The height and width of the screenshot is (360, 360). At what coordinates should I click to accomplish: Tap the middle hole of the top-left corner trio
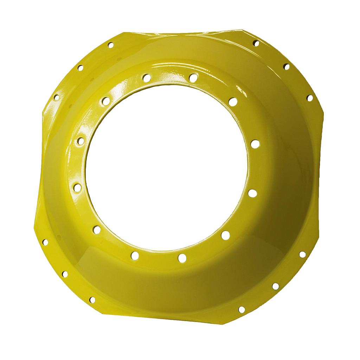point(80,67)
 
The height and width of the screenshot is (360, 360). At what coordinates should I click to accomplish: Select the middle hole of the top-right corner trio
point(287,66)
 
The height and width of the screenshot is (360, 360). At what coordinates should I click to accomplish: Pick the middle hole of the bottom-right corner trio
point(275,286)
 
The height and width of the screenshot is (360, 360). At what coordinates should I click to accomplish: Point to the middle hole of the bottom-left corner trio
point(65,274)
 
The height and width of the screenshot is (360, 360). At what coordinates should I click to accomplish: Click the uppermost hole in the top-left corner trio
point(110,45)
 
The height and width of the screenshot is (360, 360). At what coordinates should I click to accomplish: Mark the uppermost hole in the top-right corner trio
point(256,43)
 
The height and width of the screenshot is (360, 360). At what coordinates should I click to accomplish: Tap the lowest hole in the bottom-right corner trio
point(242,309)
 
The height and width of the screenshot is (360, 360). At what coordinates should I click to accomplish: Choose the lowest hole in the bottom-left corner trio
point(92,300)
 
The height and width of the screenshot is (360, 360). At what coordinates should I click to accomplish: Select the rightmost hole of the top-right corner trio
point(310,98)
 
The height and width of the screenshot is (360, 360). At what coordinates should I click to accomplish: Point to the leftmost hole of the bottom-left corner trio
point(45,242)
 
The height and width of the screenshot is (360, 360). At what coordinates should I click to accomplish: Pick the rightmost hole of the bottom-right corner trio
point(302,254)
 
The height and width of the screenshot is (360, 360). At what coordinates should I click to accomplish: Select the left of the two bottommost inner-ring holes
point(135,255)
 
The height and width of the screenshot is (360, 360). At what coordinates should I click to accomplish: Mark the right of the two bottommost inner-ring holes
point(182,258)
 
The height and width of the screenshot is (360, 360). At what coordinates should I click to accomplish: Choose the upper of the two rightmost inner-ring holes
point(255,144)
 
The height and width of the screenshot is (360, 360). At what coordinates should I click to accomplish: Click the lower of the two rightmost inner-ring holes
point(252,193)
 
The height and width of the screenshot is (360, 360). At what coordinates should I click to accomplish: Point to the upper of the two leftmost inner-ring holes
point(81,141)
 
